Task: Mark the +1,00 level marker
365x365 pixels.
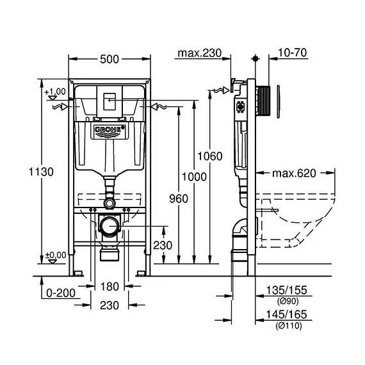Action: coord(56,92)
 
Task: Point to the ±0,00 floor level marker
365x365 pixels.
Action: coord(56,255)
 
